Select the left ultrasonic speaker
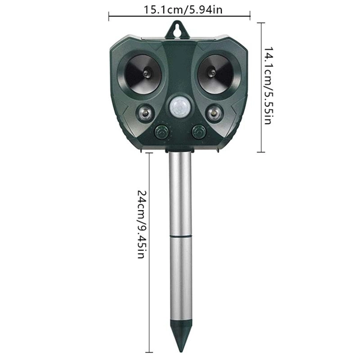click(142, 74)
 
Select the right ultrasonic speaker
click(216, 74)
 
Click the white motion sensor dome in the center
click(179, 107)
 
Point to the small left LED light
click(145, 112)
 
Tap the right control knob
click(197, 131)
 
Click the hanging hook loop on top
click(178, 28)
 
